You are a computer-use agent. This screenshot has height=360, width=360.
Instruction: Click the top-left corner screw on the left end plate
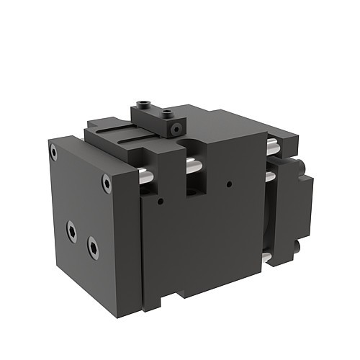[x=53, y=151]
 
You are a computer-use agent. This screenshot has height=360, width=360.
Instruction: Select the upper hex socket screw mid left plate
[x=71, y=230]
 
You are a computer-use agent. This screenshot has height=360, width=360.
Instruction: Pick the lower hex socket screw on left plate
[x=93, y=248]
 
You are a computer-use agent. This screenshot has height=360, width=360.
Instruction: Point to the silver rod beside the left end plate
[x=144, y=175]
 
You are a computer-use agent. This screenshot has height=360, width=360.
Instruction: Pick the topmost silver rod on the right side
[x=273, y=148]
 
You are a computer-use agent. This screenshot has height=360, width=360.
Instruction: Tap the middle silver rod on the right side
[x=269, y=176]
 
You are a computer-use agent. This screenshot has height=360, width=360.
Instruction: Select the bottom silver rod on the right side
[x=266, y=257]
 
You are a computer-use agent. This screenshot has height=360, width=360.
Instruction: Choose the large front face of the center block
[x=205, y=238]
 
